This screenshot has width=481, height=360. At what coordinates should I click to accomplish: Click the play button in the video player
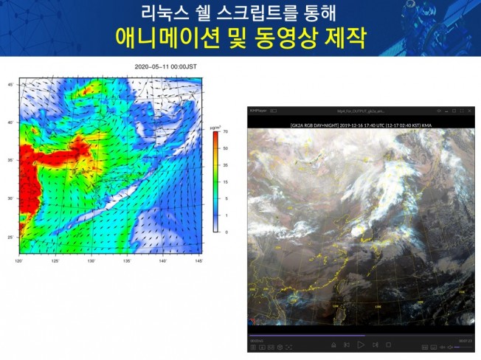(361, 344)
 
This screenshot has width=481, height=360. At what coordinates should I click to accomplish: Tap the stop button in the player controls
(388, 344)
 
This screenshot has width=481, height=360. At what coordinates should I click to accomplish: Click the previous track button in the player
(347, 344)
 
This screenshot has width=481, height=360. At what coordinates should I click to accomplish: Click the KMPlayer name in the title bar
(258, 110)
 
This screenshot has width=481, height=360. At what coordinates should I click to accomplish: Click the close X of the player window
(468, 110)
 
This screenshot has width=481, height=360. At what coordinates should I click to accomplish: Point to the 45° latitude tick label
(10, 86)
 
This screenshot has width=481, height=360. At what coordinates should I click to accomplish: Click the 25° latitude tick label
(10, 237)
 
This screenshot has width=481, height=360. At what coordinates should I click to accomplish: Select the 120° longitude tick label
(18, 260)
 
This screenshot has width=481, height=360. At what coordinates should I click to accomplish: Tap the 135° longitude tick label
(127, 260)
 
